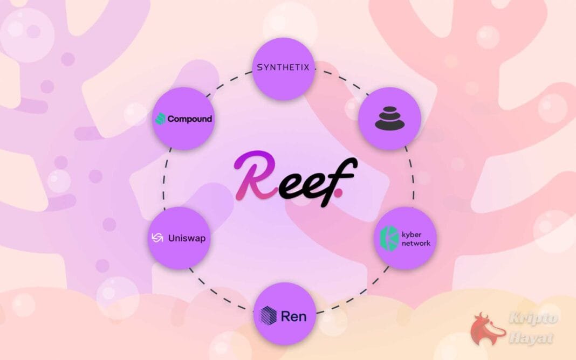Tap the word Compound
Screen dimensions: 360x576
point(189,119)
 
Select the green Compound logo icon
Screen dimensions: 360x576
point(160,119)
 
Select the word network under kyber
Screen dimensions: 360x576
point(415,243)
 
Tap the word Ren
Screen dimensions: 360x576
point(293,315)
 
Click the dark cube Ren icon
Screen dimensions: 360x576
point(268,315)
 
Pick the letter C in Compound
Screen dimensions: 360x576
point(172,119)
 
